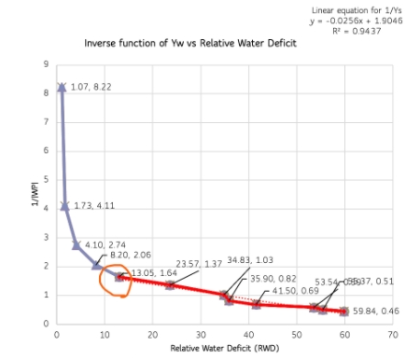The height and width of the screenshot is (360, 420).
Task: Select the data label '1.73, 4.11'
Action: coord(96,204)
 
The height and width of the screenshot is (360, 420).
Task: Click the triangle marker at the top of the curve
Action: coord(62,87)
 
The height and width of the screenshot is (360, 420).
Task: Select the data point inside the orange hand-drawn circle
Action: coord(119,276)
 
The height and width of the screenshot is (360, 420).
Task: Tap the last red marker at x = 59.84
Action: coord(343,311)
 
